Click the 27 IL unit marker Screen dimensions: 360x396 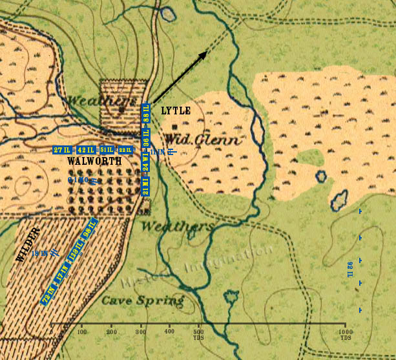tap(63, 150)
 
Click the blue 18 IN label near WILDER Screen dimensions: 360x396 tap(40, 253)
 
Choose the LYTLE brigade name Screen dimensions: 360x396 tap(176, 111)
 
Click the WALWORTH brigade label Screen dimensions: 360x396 tap(93, 162)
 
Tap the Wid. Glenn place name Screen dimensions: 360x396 tap(202, 140)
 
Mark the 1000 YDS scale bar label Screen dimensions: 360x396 tap(345, 334)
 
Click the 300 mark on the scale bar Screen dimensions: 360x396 tap(140, 332)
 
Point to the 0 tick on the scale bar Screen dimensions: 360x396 tap(52, 332)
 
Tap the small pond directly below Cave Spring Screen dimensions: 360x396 tap(231, 297)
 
